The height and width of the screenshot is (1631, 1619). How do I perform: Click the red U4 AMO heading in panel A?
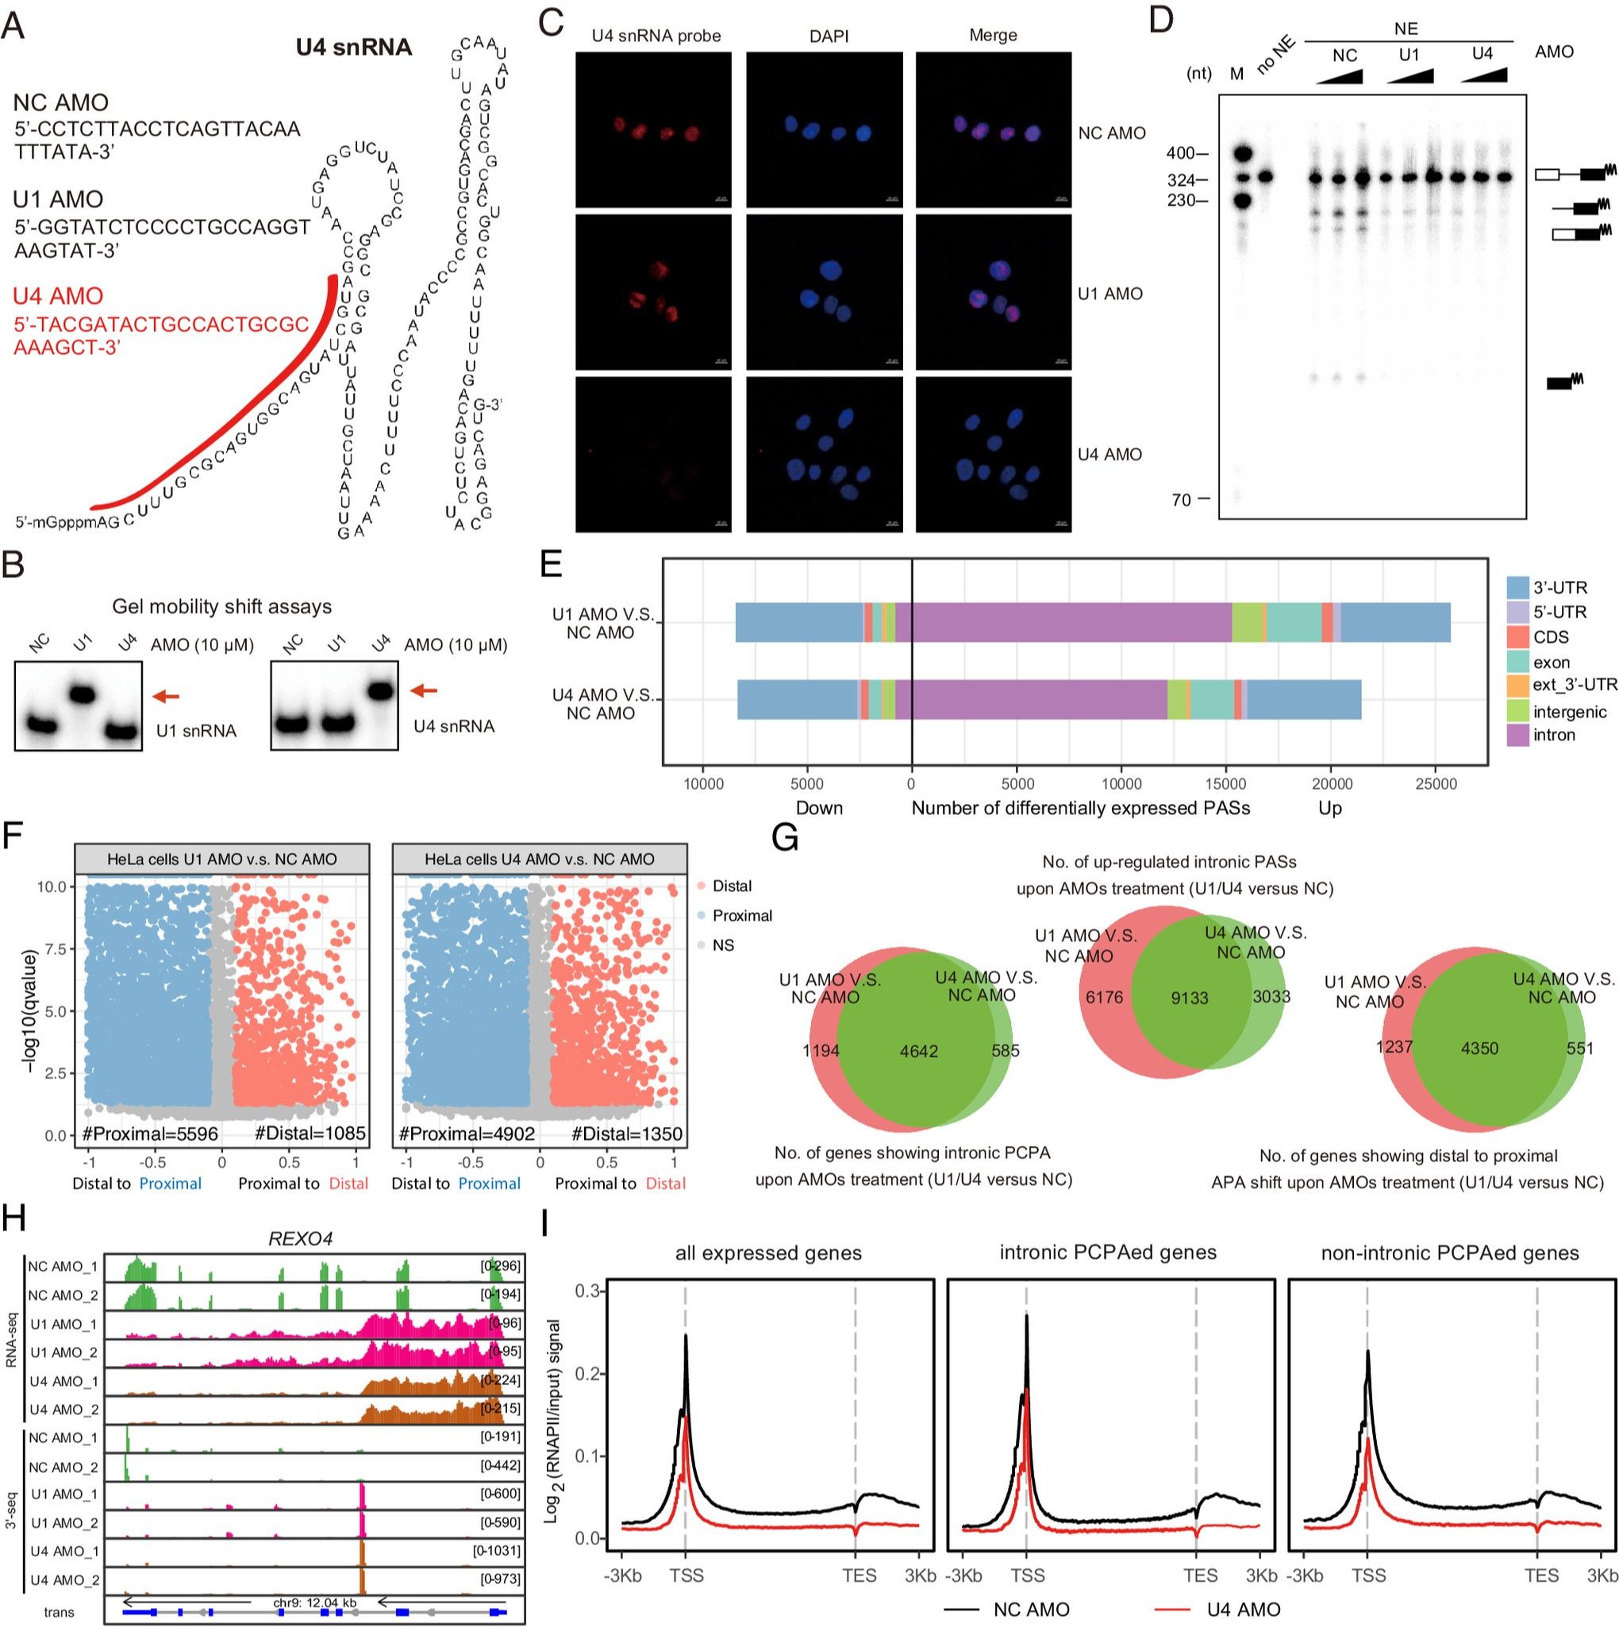(57, 296)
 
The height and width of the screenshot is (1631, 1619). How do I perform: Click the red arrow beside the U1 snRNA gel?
(165, 697)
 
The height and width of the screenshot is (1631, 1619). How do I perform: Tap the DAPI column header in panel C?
(828, 36)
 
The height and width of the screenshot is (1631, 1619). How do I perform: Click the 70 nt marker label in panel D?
(1181, 500)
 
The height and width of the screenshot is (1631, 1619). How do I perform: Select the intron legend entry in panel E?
(1554, 735)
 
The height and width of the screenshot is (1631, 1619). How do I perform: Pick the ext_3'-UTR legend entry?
(1575, 685)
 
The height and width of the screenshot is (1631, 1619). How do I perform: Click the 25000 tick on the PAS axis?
(1435, 784)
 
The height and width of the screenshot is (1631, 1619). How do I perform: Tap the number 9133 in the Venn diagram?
(1190, 998)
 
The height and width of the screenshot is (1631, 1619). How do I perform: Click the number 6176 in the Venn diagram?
(1104, 998)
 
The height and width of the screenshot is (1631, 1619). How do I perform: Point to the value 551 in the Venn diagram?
(1579, 1048)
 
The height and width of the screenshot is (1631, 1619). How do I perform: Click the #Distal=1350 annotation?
(626, 1134)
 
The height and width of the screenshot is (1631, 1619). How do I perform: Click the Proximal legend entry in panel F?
(741, 916)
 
